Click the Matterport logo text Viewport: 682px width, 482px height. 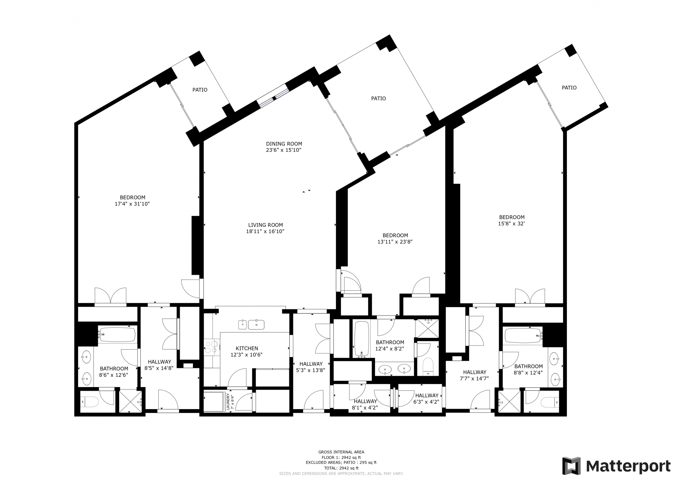click(628, 467)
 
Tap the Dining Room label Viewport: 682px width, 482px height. click(284, 144)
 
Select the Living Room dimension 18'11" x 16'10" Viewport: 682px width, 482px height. click(265, 231)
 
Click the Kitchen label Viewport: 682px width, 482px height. click(247, 348)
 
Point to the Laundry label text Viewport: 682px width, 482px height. click(228, 402)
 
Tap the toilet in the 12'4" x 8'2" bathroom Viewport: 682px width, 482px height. click(428, 366)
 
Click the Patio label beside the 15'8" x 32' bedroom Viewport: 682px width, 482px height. click(569, 88)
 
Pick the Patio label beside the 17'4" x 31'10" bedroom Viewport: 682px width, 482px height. click(200, 90)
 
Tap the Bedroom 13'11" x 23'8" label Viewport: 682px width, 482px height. click(395, 235)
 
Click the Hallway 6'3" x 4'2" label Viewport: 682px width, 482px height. click(426, 395)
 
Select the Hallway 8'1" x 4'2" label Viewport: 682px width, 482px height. click(365, 401)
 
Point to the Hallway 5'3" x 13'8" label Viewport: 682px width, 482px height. click(311, 364)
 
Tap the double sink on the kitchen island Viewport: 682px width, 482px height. click(251, 324)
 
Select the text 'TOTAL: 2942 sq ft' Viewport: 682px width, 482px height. click(341, 468)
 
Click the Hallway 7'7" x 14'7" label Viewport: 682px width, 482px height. click(474, 372)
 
